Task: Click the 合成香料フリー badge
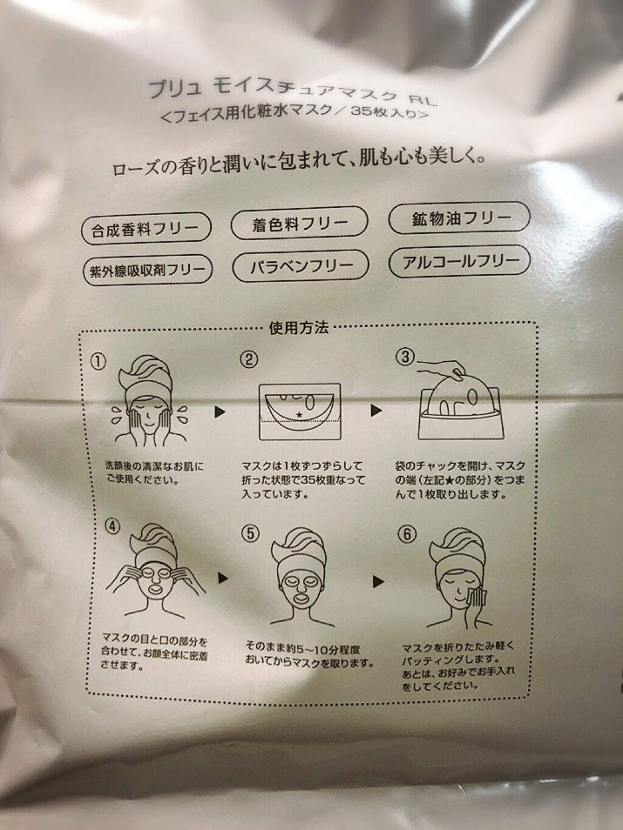click(146, 227)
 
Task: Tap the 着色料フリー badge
click(299, 223)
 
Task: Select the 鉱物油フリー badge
click(459, 218)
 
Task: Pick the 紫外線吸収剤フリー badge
click(147, 270)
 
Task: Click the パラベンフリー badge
click(301, 266)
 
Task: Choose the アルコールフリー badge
click(459, 261)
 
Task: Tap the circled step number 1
click(98, 362)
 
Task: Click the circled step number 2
click(249, 359)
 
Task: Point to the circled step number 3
click(405, 357)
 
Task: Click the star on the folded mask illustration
click(300, 415)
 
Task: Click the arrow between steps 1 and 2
click(220, 412)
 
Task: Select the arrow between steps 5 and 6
click(378, 581)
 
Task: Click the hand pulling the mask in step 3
click(442, 367)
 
